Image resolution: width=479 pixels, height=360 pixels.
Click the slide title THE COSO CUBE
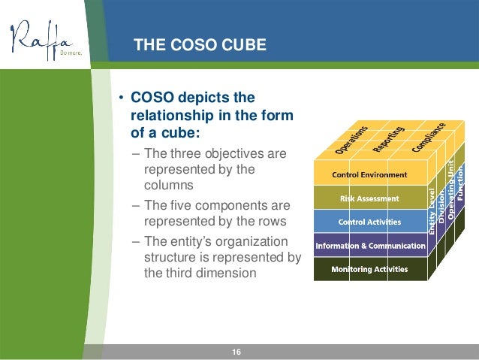click(x=199, y=45)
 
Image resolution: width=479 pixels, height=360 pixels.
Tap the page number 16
click(x=236, y=352)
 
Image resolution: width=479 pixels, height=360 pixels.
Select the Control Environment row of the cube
click(x=369, y=175)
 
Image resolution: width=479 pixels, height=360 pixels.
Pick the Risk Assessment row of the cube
click(x=369, y=199)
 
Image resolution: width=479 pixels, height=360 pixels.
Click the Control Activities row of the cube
click(x=369, y=222)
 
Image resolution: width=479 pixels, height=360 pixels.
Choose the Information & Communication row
click(x=369, y=246)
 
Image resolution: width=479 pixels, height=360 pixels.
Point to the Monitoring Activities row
click(x=369, y=269)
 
